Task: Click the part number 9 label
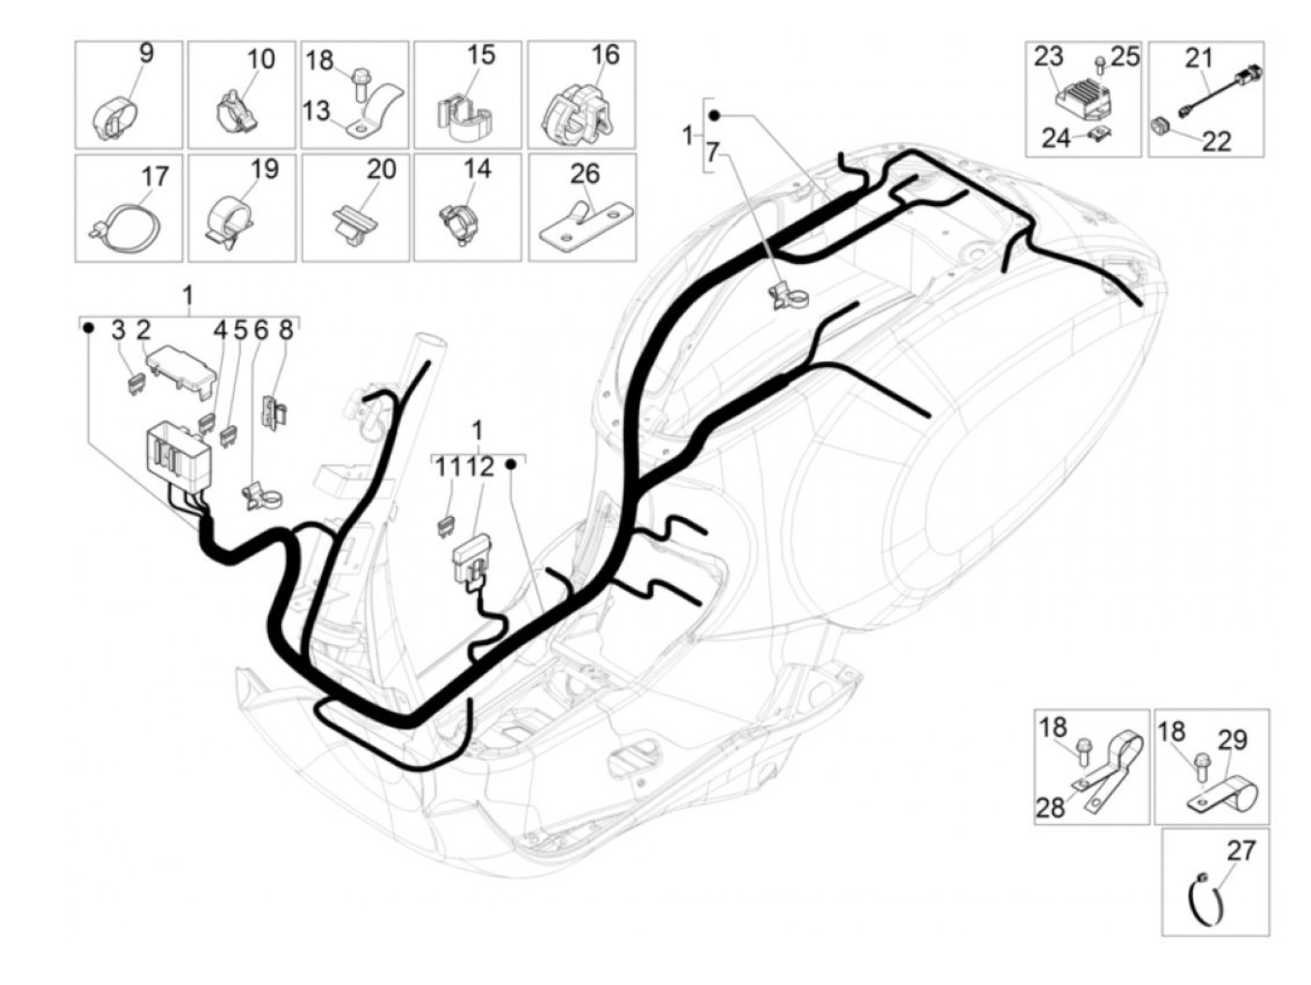[x=146, y=53]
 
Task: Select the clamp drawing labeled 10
[x=235, y=111]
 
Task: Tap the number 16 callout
[x=605, y=54]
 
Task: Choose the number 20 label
[x=381, y=169]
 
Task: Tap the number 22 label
[x=1216, y=141]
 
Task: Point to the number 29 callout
[x=1232, y=741]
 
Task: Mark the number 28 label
[x=1051, y=808]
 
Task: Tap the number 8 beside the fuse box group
[x=287, y=330]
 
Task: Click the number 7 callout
[x=712, y=153]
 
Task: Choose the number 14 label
[x=478, y=169]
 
